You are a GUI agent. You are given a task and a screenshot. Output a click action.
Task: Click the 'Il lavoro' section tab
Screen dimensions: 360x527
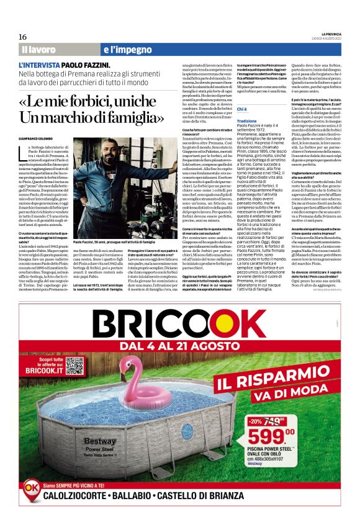click(38, 48)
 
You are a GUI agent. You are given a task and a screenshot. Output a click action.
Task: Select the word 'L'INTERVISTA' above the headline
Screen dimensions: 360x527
click(40, 65)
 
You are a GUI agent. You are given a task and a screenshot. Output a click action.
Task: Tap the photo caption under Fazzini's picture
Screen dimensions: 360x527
click(114, 241)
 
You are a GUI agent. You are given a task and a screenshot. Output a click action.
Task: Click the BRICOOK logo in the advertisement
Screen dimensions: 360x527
click(179, 323)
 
